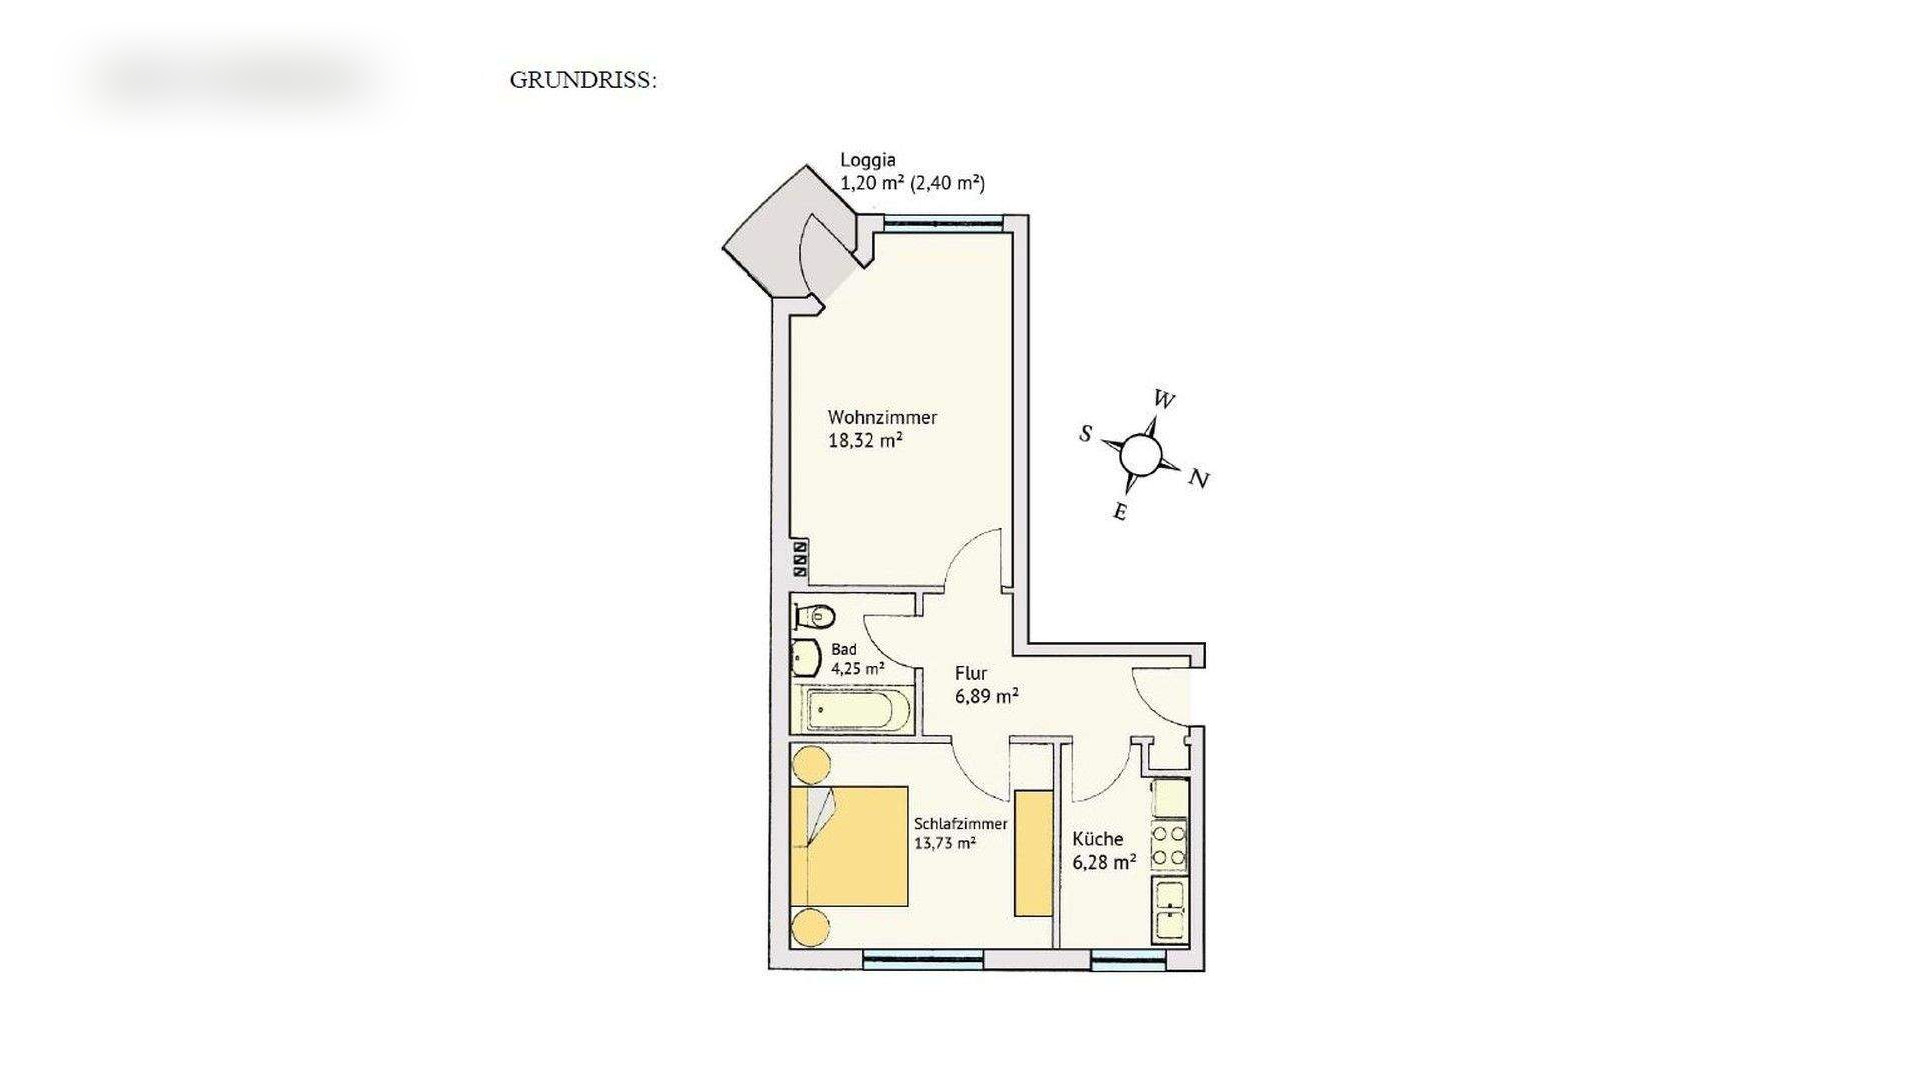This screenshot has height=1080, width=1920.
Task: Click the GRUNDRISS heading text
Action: pyautogui.click(x=583, y=80)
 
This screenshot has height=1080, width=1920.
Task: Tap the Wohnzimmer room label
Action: pyautogui.click(x=882, y=418)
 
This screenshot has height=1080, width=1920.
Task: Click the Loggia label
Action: pyautogui.click(x=868, y=160)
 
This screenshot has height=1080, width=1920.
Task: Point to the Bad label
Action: pyautogui.click(x=843, y=649)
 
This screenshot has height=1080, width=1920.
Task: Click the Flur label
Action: pyautogui.click(x=970, y=673)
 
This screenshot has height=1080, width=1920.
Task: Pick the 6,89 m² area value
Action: pyautogui.click(x=987, y=696)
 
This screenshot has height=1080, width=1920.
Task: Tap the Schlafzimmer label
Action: pyautogui.click(x=960, y=824)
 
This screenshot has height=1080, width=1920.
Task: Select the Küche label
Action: pyautogui.click(x=1098, y=839)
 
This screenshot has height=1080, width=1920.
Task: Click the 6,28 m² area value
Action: pyautogui.click(x=1104, y=862)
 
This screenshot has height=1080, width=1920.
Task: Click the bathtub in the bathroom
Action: pyautogui.click(x=857, y=712)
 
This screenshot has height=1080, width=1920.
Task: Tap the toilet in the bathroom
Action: pyautogui.click(x=817, y=615)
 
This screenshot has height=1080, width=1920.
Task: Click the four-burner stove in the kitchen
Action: pyautogui.click(x=1169, y=845)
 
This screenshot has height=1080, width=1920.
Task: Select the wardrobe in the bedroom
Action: pyautogui.click(x=1033, y=852)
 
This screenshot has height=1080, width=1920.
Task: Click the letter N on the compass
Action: pyautogui.click(x=1199, y=480)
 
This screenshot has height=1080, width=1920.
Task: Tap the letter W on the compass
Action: pyautogui.click(x=1164, y=400)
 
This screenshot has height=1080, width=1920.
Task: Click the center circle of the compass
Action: pyautogui.click(x=1140, y=455)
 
